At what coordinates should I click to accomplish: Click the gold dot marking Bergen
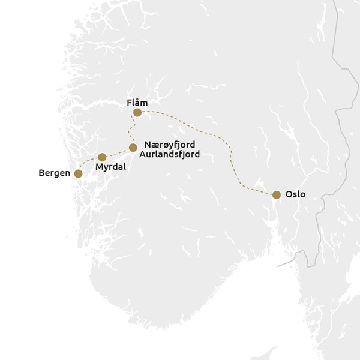point(77,173)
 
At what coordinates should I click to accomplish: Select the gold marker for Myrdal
point(102,157)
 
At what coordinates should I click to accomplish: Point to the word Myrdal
point(110,167)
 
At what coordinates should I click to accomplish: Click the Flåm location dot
point(137,112)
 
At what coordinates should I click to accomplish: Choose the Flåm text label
point(137,103)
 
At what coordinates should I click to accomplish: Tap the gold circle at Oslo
point(276,194)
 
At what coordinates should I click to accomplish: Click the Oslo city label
point(295,194)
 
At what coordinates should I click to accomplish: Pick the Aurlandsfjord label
point(172,154)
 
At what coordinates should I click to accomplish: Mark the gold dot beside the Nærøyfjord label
point(133,147)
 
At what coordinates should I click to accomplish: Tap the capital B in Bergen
point(41,173)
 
